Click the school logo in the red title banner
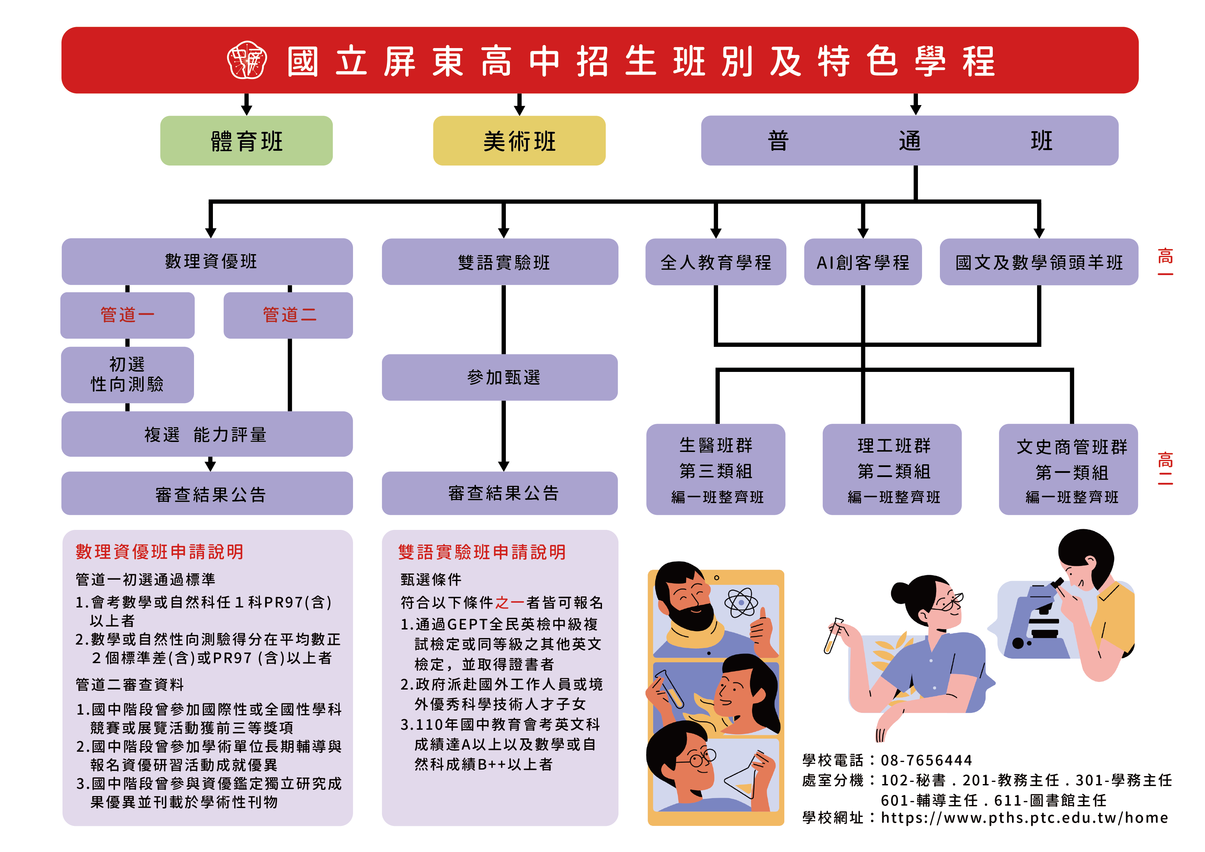point(247,60)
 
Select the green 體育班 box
point(246,141)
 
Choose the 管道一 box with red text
point(127,315)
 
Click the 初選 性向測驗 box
point(127,374)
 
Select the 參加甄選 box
point(500,377)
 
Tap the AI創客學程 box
point(863,262)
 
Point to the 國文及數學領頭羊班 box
point(1039,262)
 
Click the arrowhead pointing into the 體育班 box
point(247,109)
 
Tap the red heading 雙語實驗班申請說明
point(482,552)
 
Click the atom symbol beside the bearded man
point(740,603)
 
